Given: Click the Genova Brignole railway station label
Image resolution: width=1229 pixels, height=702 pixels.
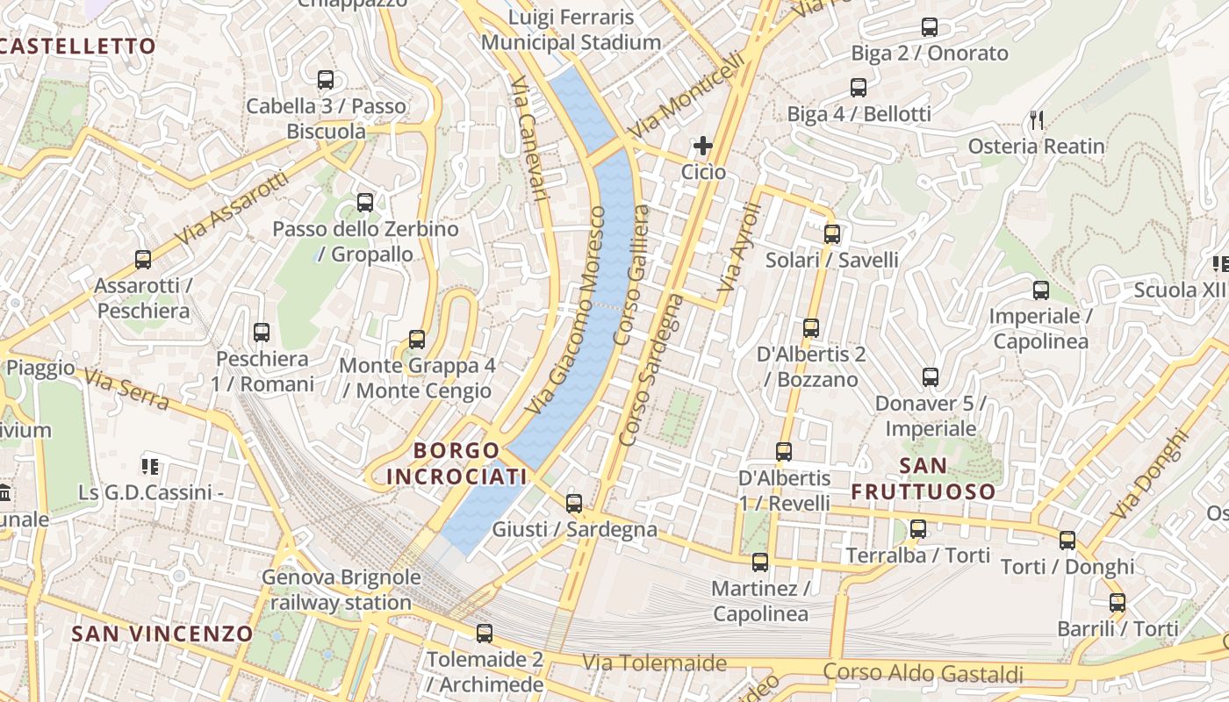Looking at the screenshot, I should (341, 591).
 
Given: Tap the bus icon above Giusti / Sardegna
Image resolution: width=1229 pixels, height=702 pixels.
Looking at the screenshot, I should (574, 503).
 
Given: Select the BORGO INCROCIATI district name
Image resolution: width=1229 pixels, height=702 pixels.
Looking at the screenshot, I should (456, 463).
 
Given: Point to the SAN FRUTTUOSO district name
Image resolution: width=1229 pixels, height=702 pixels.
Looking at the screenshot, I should (924, 478).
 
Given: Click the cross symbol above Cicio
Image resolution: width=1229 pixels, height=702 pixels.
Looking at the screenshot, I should (703, 146).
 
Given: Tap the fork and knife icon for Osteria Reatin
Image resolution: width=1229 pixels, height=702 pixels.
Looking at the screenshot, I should (1038, 120).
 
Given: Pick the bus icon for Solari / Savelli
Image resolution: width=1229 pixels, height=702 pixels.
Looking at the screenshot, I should (832, 234).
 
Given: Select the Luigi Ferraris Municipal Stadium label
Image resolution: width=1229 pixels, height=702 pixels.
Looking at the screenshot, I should (571, 30).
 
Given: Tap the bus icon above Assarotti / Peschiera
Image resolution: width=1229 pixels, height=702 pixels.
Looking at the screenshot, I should (143, 260).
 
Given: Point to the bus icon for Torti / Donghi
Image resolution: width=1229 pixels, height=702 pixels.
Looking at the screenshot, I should (1067, 541).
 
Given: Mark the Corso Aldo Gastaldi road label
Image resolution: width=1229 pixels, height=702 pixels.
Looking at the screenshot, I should (924, 674).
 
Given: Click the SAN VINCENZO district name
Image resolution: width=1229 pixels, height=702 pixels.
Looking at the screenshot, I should (162, 634).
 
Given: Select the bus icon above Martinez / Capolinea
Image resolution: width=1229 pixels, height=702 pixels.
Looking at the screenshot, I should (760, 562).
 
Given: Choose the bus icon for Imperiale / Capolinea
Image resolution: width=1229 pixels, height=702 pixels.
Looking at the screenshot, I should (1041, 290).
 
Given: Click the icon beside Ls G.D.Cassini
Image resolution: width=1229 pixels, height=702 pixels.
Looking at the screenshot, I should (150, 466).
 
